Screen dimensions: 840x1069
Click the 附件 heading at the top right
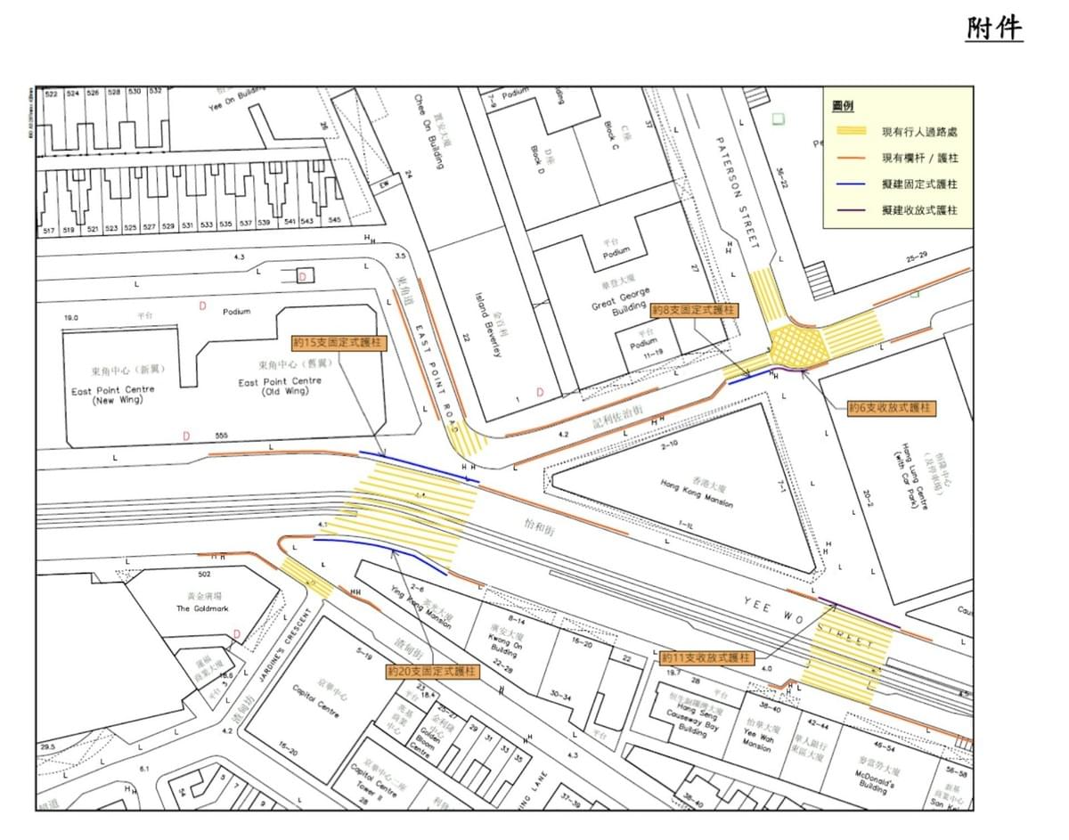pos(994,29)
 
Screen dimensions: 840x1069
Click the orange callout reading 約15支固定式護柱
pos(339,342)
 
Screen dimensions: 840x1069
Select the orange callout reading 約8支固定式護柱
pos(694,310)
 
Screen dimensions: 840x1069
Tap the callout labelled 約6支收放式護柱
pos(892,407)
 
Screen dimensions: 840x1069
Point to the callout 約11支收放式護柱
pos(707,657)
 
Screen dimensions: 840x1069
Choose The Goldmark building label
pos(194,608)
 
